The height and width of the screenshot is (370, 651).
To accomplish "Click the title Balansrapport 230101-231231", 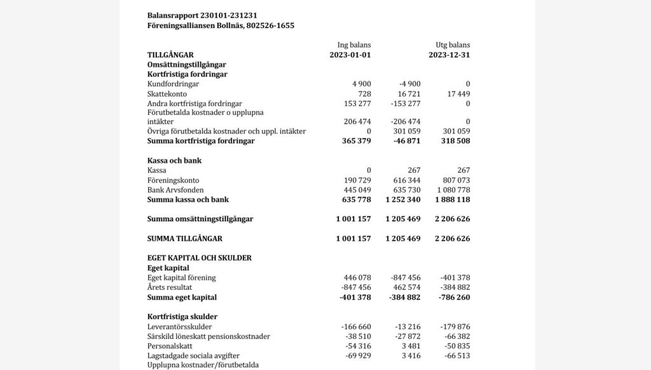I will [x=202, y=15].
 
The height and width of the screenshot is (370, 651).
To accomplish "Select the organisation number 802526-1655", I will [x=270, y=26].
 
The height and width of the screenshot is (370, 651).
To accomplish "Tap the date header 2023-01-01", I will [x=350, y=55].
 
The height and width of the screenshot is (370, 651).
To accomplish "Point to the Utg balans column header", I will [x=453, y=45].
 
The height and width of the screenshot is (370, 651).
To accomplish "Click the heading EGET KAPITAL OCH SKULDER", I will [x=199, y=258].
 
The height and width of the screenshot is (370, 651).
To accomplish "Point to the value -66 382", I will [x=455, y=336].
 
